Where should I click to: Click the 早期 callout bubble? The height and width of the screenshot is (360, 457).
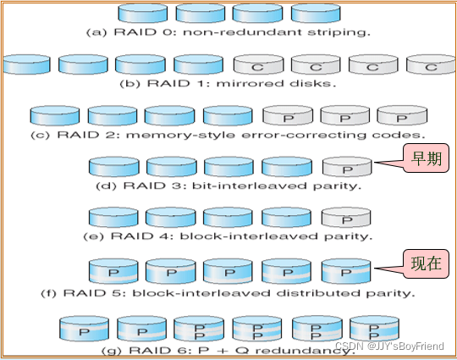426,158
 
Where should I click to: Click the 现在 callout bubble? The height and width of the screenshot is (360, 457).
426,263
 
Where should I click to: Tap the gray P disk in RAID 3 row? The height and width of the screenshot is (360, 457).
347,167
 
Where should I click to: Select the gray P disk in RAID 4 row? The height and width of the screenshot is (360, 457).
346,217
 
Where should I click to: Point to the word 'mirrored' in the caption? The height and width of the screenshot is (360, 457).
250,84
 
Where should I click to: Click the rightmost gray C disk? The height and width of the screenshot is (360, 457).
431,64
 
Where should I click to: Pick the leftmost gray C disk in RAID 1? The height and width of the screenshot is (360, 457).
258,64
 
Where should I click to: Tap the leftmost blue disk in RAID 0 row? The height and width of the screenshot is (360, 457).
143,13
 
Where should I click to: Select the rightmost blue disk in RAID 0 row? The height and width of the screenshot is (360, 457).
316,13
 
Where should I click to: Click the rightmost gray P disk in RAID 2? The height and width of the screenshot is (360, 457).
402,115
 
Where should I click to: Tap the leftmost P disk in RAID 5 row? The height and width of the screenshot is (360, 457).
113,271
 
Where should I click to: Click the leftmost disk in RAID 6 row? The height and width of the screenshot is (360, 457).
84,329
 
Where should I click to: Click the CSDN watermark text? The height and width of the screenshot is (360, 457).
389,346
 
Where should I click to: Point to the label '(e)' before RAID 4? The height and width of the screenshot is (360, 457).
93,236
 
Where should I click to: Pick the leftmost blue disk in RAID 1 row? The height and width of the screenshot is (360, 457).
26,64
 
